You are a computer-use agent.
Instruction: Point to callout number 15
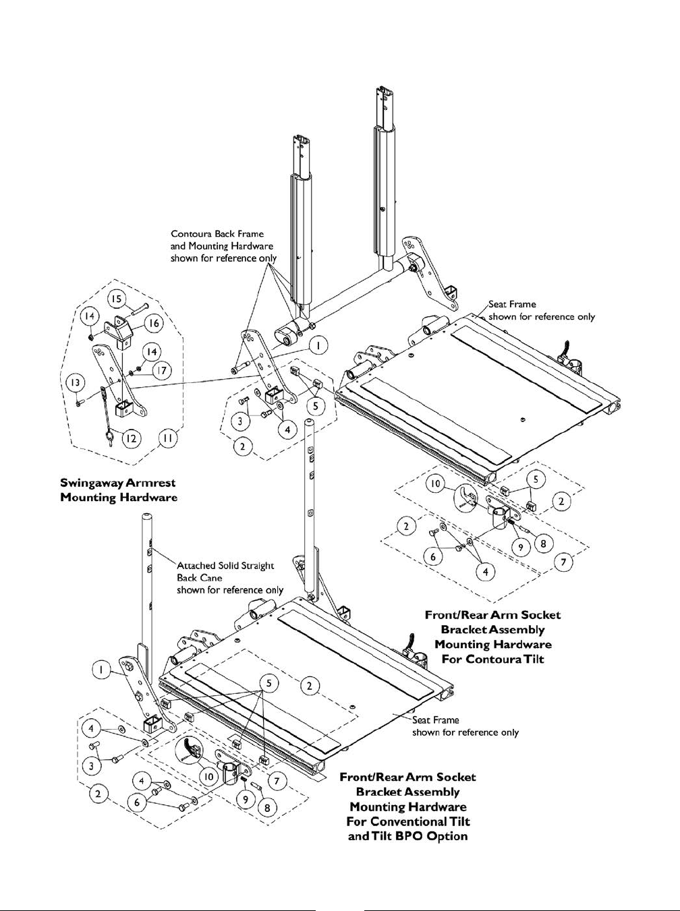tap(116, 299)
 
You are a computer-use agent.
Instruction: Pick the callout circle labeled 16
tap(154, 324)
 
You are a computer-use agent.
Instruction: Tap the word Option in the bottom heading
tap(446, 836)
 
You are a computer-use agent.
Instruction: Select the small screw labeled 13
tap(80, 403)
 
